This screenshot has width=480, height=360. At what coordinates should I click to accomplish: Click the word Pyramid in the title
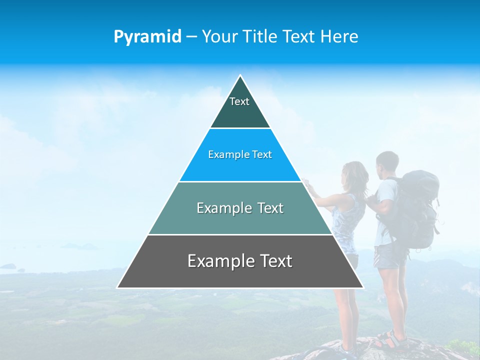[147, 37]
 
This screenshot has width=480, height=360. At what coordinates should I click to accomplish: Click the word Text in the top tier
[239, 101]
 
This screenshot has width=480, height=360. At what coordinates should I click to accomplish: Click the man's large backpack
[418, 207]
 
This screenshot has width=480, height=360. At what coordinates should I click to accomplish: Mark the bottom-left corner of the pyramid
[118, 287]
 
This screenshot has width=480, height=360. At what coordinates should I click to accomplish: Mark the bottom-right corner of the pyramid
[363, 287]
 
